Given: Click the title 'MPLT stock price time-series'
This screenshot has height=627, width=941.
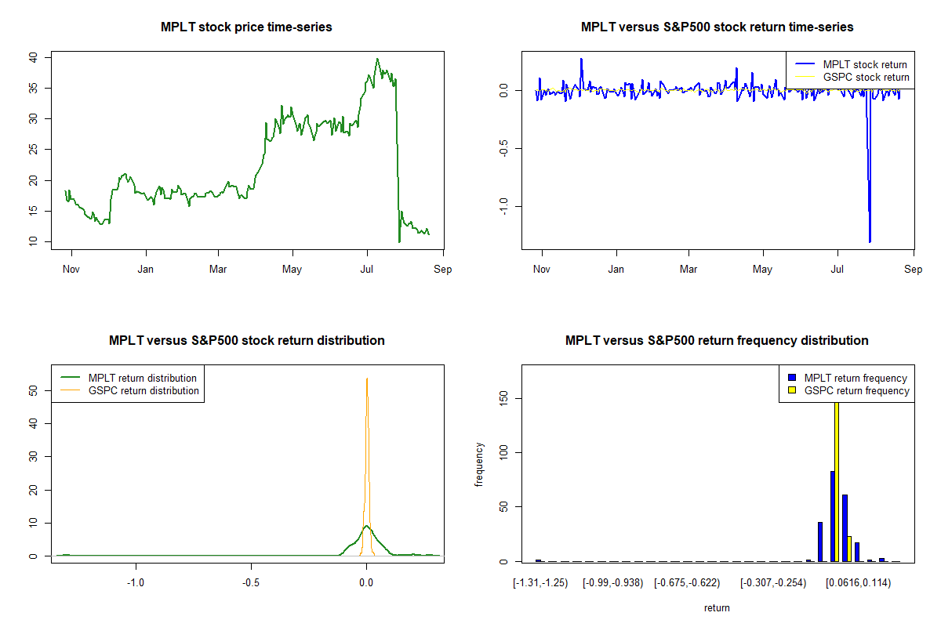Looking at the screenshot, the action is point(246,27).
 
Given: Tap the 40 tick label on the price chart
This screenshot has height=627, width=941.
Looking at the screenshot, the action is point(33,57).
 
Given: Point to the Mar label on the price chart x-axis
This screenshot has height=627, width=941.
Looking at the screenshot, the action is point(218,269).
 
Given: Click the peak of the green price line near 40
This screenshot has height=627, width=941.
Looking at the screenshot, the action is point(377,59).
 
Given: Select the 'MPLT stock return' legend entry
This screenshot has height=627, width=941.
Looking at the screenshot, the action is point(851,64).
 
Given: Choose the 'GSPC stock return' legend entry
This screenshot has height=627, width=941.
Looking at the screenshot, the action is point(852,78).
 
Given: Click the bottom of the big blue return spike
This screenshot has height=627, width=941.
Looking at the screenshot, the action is point(870,242).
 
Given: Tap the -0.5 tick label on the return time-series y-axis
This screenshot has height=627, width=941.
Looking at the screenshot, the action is point(503,148).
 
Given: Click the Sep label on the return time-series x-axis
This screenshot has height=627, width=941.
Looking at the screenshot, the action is point(914,269).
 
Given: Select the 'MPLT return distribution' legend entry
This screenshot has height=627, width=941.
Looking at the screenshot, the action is point(129,378).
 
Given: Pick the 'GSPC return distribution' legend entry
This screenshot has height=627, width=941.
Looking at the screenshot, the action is point(129,390).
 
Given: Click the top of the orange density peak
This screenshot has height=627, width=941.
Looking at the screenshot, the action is point(367,379).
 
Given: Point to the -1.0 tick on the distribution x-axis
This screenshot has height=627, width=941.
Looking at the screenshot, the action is point(136,582).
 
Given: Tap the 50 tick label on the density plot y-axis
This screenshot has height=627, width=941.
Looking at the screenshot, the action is point(33,391).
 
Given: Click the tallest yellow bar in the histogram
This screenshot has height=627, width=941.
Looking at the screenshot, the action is point(837,482).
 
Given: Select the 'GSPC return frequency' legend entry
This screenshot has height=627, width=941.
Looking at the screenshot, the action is point(848,390).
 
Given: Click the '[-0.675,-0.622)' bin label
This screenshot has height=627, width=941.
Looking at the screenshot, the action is point(687,583).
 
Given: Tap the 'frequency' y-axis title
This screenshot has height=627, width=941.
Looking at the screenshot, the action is point(479,465).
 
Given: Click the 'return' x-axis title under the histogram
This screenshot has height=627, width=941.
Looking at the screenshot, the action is point(717,607).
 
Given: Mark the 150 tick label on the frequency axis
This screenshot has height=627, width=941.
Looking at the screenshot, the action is point(503,398).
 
